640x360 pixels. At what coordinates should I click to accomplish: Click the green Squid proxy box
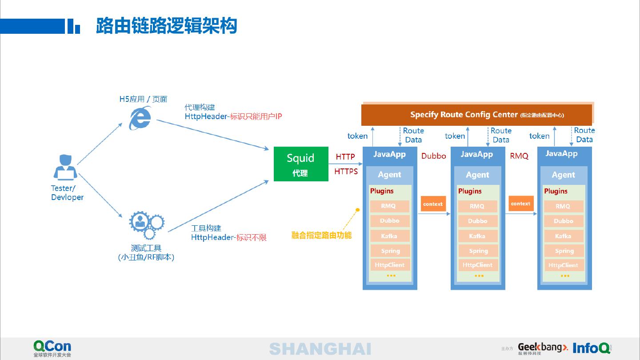tap(301, 164)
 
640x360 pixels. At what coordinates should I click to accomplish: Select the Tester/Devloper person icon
tap(65, 167)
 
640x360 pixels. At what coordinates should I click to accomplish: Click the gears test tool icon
tap(146, 225)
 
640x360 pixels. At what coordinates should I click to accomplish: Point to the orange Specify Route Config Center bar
tap(476, 115)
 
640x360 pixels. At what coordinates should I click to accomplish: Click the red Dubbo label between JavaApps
tap(433, 156)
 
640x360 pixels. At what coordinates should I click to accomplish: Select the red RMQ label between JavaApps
tap(519, 156)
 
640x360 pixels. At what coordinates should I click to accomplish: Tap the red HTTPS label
tap(346, 171)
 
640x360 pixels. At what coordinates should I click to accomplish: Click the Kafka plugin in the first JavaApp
tap(389, 236)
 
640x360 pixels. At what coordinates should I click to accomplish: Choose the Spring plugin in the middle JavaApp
tap(478, 251)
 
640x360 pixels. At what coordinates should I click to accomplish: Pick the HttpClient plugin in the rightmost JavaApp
tap(563, 265)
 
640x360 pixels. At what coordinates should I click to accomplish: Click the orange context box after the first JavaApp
tap(433, 204)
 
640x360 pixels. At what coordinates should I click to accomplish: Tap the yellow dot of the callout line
tap(357, 209)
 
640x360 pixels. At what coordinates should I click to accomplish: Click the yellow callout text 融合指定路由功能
tap(321, 235)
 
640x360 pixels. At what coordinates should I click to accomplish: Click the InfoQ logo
tap(592, 348)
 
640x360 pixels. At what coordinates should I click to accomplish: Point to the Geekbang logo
tap(543, 348)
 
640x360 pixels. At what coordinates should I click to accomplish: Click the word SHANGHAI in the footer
tap(320, 349)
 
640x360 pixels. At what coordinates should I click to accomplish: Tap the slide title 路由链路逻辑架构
tap(166, 26)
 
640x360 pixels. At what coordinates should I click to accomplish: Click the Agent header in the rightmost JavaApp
tap(564, 175)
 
